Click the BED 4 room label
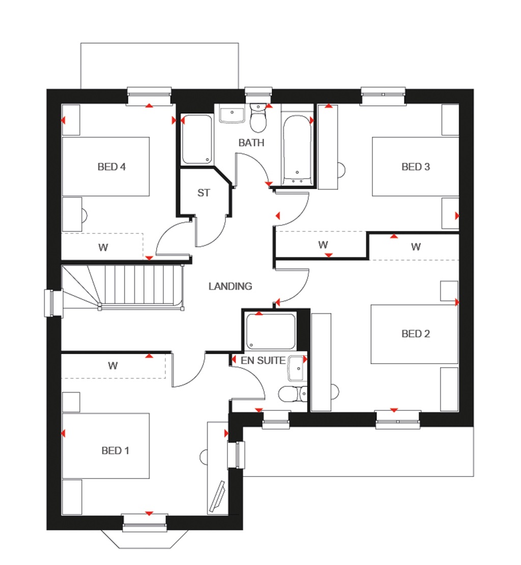[x=111, y=166]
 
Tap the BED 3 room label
[x=416, y=166]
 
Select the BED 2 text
[x=416, y=334]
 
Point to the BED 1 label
[x=115, y=450]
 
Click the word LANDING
[x=230, y=286]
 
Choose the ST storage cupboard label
[x=204, y=193]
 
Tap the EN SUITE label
[x=263, y=361]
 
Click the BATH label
[x=251, y=142]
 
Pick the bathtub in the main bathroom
[x=297, y=150]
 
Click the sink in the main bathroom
[x=233, y=114]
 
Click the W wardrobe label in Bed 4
[x=103, y=248]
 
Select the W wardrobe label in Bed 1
[x=113, y=365]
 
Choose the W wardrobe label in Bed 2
[x=416, y=247]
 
